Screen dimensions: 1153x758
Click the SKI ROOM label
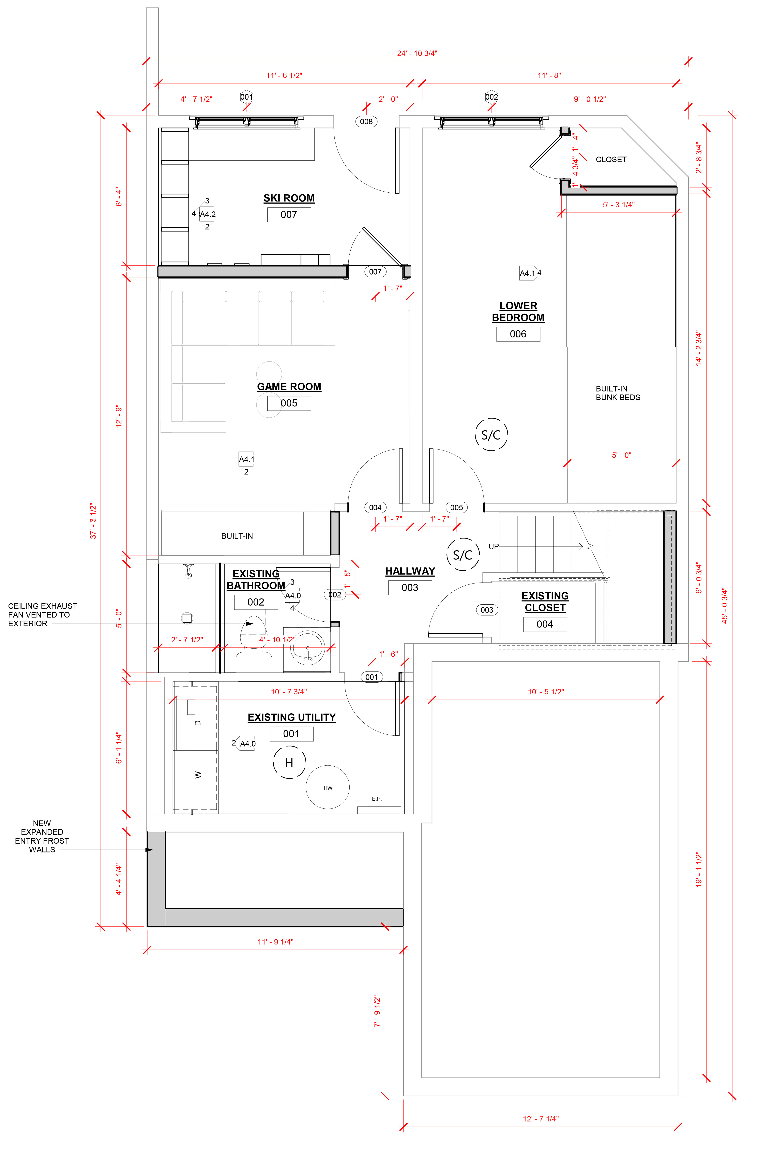coord(289,198)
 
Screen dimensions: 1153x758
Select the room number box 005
coord(289,403)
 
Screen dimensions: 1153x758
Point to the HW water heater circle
coord(328,787)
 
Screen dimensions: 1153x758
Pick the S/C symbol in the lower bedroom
coord(491,435)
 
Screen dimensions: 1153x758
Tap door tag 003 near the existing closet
coord(487,610)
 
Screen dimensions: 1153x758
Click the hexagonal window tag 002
coord(492,97)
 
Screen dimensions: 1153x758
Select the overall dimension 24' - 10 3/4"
coord(417,53)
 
